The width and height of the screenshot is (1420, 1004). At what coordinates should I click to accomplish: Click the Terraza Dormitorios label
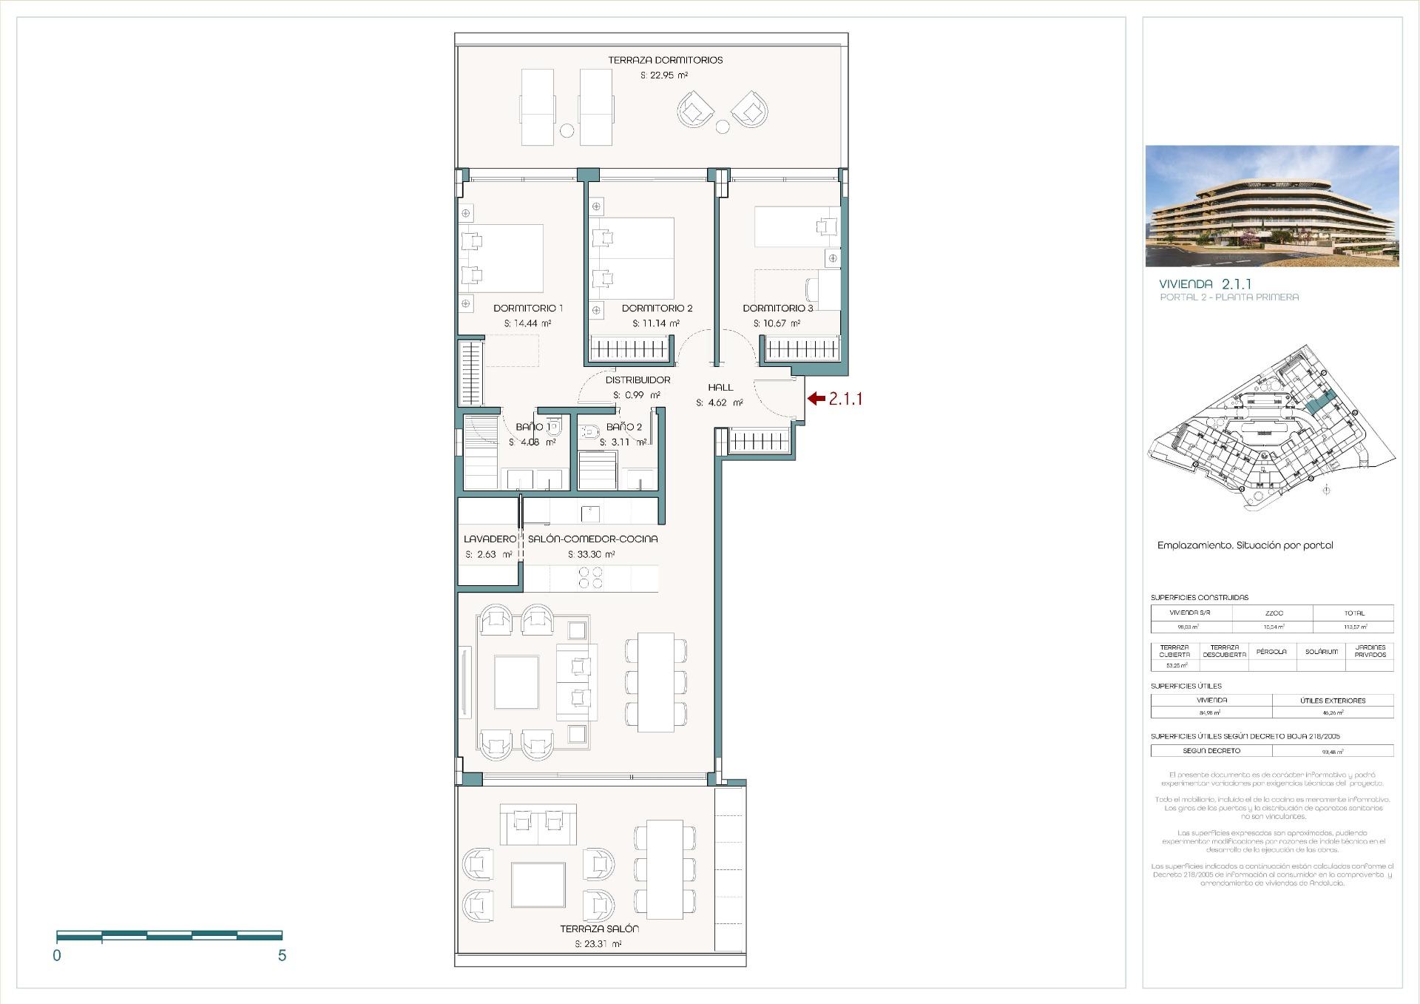[x=665, y=60]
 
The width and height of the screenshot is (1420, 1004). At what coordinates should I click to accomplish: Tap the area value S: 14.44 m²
[x=527, y=323]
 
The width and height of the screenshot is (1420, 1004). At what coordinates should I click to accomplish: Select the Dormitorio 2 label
[x=657, y=308]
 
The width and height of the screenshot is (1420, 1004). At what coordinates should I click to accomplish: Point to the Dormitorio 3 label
[x=777, y=308]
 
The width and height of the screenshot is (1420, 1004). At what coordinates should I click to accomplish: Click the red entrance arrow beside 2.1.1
[x=816, y=399]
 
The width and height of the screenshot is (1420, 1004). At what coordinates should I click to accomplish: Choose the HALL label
[x=720, y=387]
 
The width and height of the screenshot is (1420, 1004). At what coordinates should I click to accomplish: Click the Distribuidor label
[x=638, y=380]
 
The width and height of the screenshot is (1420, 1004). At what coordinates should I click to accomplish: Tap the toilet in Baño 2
[x=589, y=433]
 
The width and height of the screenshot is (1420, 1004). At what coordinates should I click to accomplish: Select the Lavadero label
[x=489, y=539]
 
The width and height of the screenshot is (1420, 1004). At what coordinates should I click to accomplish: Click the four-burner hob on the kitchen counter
[x=590, y=578]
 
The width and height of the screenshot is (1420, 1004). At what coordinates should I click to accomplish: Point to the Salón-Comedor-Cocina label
[x=592, y=539]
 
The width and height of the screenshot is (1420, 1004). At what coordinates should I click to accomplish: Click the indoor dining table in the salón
[x=656, y=682]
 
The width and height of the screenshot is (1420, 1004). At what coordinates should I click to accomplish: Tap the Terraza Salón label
[x=599, y=929]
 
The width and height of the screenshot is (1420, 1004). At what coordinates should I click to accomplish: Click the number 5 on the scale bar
[x=282, y=956]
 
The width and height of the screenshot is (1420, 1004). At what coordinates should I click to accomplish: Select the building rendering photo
[x=1271, y=206]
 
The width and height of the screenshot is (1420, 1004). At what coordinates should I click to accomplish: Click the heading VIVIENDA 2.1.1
[x=1205, y=284]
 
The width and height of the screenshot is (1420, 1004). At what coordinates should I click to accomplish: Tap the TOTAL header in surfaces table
[x=1354, y=613]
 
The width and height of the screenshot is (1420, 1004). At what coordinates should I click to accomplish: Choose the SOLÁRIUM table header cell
[x=1321, y=652]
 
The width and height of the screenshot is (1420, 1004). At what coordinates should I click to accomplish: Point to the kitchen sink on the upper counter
[x=590, y=511]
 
